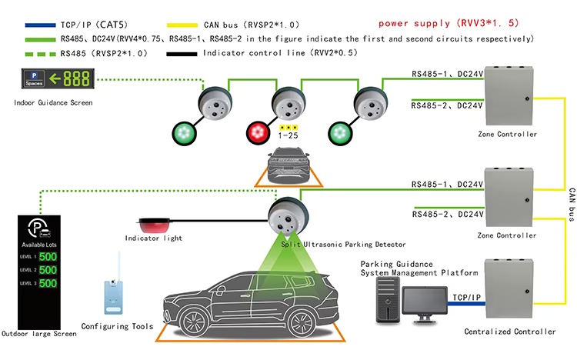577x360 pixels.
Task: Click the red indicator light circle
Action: tap(258, 133)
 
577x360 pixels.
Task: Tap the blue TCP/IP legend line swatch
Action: tap(41, 25)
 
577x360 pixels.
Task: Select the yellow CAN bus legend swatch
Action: tap(182, 25)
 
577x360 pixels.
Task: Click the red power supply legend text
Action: tap(449, 23)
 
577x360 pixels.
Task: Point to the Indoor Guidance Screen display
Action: tap(58, 78)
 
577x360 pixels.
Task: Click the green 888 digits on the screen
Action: tap(76, 78)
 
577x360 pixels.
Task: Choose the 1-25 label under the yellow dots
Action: tap(288, 135)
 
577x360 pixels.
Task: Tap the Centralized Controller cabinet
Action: tap(509, 288)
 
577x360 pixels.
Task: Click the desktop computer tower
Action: tap(388, 300)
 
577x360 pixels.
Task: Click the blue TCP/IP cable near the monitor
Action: tap(466, 304)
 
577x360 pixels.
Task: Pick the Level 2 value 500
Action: tap(48, 270)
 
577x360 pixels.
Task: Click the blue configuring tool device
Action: tap(114, 297)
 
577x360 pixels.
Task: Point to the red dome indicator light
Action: tap(154, 225)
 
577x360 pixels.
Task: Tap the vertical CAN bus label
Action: tap(572, 205)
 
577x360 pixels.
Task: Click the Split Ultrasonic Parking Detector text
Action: tap(343, 244)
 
